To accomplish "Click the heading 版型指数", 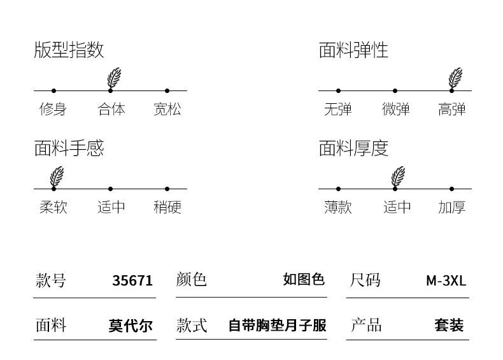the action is (69, 50).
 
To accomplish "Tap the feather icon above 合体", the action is (114, 78).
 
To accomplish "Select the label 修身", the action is (53, 109).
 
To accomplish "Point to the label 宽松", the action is (167, 109).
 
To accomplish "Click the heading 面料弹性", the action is (353, 50).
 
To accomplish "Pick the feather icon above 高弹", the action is (455, 78).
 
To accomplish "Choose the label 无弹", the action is (337, 109).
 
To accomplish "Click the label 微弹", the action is (395, 109).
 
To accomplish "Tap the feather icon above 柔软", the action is (57, 176).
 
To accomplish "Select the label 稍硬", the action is (167, 207).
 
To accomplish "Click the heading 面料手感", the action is (69, 148).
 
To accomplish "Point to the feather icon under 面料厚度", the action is (398, 176).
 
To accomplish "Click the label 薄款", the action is (337, 207).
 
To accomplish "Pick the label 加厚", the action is (451, 207).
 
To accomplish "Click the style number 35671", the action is (132, 280).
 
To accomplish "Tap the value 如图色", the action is (304, 279).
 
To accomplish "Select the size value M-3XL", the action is (446, 280).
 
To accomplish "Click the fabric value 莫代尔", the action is (131, 326).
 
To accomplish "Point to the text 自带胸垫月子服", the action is (277, 326).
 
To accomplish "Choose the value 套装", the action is (449, 326).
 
